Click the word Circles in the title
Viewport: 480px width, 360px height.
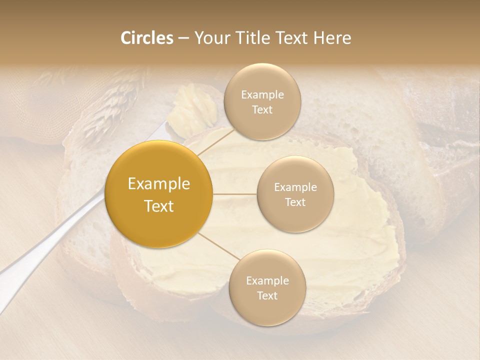point(146,38)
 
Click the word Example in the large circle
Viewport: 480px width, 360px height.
point(158,184)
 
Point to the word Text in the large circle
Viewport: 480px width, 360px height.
point(158,206)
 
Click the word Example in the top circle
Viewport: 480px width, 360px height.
point(262,95)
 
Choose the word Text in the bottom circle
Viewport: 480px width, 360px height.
point(267,295)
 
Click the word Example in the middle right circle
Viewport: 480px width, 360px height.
point(295,187)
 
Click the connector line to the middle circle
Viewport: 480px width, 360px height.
point(235,194)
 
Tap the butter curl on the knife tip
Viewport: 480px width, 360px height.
point(192,110)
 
